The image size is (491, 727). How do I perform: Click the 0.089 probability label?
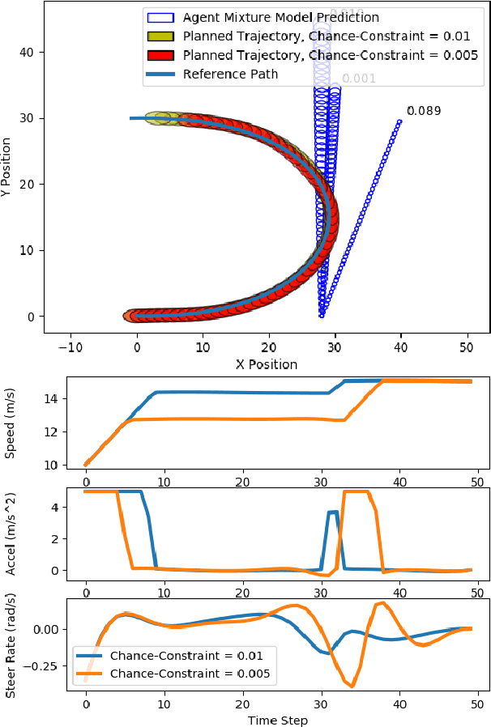[424, 111]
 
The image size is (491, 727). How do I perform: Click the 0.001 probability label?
[358, 79]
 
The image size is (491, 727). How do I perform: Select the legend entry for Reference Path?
[231, 74]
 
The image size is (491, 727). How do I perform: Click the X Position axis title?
[266, 364]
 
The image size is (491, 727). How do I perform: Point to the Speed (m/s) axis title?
[11, 423]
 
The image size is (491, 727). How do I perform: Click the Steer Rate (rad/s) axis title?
[11, 644]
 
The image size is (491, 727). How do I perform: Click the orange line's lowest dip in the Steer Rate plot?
[352, 687]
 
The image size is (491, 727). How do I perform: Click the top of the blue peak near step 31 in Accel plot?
[332, 512]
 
